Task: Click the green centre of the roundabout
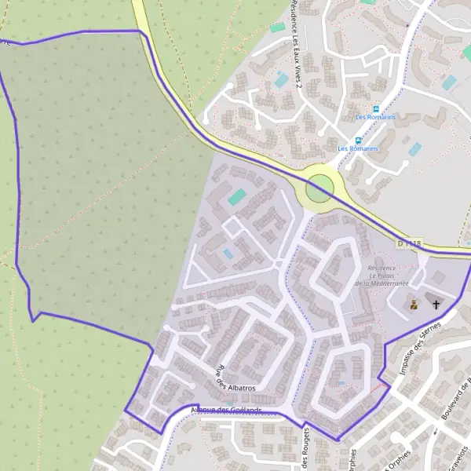pos(319,189)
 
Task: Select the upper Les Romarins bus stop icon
pos(376,109)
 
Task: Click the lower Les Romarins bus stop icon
pos(358,141)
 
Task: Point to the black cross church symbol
pos(436,303)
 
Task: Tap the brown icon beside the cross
pos(414,304)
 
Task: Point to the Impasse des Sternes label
pos(418,349)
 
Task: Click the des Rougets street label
pos(305,452)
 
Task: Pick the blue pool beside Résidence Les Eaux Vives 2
pos(280,79)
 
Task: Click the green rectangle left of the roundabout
pos(236,195)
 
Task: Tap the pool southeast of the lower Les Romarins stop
pos(414,148)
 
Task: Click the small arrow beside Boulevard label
pos(434,433)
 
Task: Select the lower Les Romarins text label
pos(358,148)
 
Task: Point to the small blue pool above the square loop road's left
pos(228,254)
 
